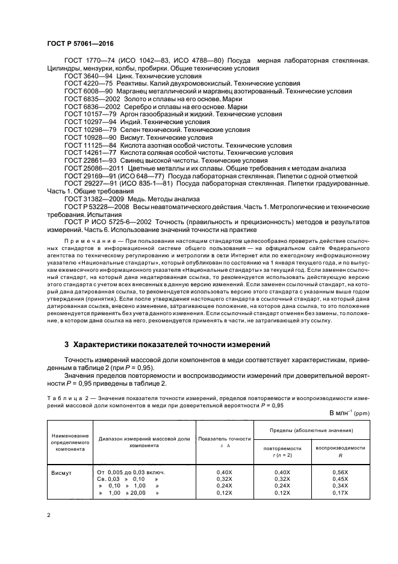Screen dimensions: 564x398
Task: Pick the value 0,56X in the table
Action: (341, 472)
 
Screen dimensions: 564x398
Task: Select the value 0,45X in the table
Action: (341, 479)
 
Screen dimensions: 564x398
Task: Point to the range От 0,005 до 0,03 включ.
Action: (131, 472)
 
